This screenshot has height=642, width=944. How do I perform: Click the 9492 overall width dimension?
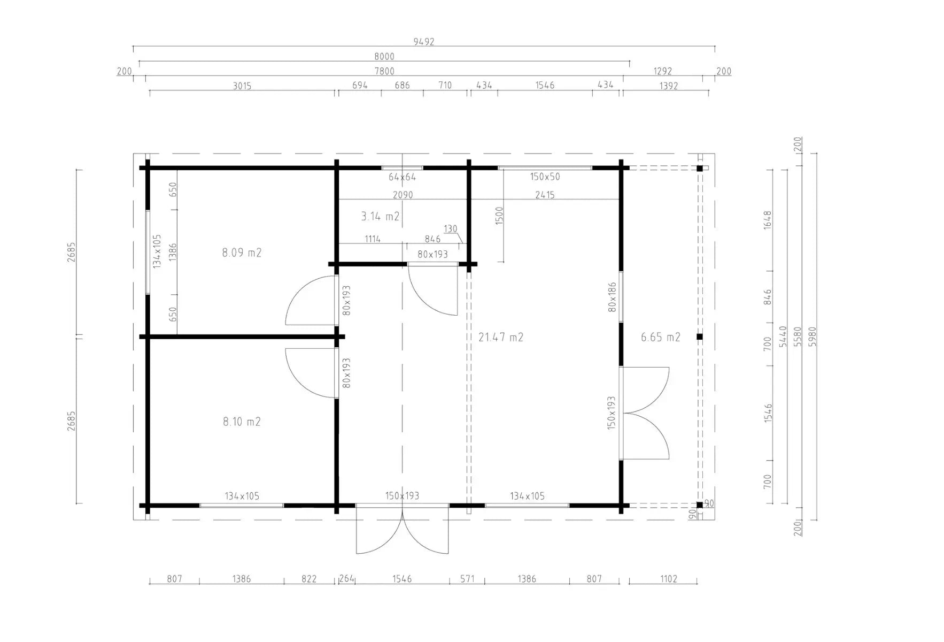(x=424, y=42)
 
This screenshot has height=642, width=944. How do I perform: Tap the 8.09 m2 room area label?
(x=242, y=253)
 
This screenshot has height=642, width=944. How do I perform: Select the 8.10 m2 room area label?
(x=242, y=422)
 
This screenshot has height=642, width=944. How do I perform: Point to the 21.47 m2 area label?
(x=501, y=337)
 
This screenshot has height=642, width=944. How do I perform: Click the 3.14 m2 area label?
(x=380, y=216)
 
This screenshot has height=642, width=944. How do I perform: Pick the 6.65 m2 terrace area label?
(x=661, y=337)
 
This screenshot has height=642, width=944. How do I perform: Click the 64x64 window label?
(x=402, y=177)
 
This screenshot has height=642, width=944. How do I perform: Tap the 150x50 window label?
(x=545, y=177)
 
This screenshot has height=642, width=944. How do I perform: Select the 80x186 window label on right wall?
(x=613, y=297)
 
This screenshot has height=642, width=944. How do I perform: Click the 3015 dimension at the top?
(x=242, y=86)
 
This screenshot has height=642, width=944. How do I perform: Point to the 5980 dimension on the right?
(x=813, y=337)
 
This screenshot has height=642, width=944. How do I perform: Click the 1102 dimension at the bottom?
(x=669, y=579)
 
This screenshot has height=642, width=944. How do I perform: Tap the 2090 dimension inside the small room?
(x=403, y=195)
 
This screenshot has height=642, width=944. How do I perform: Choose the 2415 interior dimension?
(x=545, y=195)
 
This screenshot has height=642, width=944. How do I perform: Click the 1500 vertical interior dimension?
(x=499, y=216)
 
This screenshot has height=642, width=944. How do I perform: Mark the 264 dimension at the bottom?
(x=347, y=579)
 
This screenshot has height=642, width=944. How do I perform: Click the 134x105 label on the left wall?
(x=157, y=251)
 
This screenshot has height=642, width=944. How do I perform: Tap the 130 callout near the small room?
(x=451, y=229)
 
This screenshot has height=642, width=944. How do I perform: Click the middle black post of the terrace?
(x=699, y=337)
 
